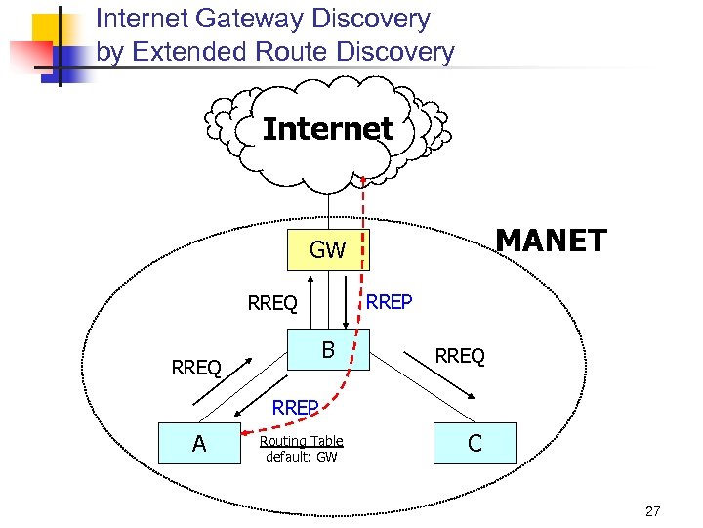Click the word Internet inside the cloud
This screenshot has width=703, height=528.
[x=328, y=129]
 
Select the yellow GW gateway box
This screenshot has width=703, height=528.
[x=327, y=250]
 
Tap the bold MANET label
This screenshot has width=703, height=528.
[x=551, y=241]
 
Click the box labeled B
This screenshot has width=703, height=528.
[x=328, y=350]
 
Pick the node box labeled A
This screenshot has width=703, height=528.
[x=199, y=444]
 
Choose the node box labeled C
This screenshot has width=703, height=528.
[x=475, y=444]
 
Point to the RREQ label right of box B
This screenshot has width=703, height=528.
[x=460, y=357]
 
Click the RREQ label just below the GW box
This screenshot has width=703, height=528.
[x=272, y=304]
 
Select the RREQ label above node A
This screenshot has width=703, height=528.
[x=196, y=369]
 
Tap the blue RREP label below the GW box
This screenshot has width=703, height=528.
[x=390, y=303]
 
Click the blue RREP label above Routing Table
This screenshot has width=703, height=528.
[x=296, y=408]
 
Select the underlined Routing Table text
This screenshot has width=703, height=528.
[x=301, y=441]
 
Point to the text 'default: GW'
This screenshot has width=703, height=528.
[x=301, y=457]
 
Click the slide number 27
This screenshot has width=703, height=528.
[x=653, y=510]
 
